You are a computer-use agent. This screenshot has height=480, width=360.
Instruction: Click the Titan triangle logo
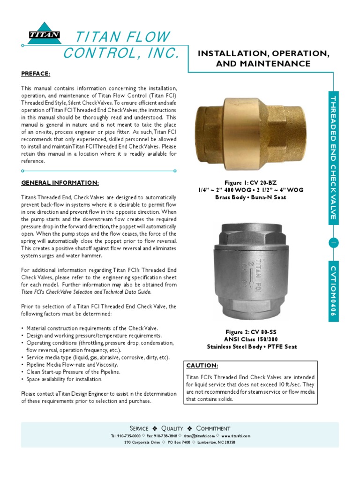(x=44, y=34)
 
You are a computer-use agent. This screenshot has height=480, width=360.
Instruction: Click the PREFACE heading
(x=35, y=74)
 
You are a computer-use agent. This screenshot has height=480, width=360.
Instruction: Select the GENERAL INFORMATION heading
(x=60, y=182)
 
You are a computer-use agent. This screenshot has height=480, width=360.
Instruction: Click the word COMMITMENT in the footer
(x=213, y=428)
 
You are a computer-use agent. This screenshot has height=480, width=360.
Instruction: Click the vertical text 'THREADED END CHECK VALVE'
(x=333, y=157)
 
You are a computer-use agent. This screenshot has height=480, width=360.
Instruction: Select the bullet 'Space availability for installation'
(x=64, y=379)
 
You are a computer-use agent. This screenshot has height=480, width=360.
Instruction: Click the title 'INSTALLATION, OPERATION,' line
(x=263, y=54)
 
